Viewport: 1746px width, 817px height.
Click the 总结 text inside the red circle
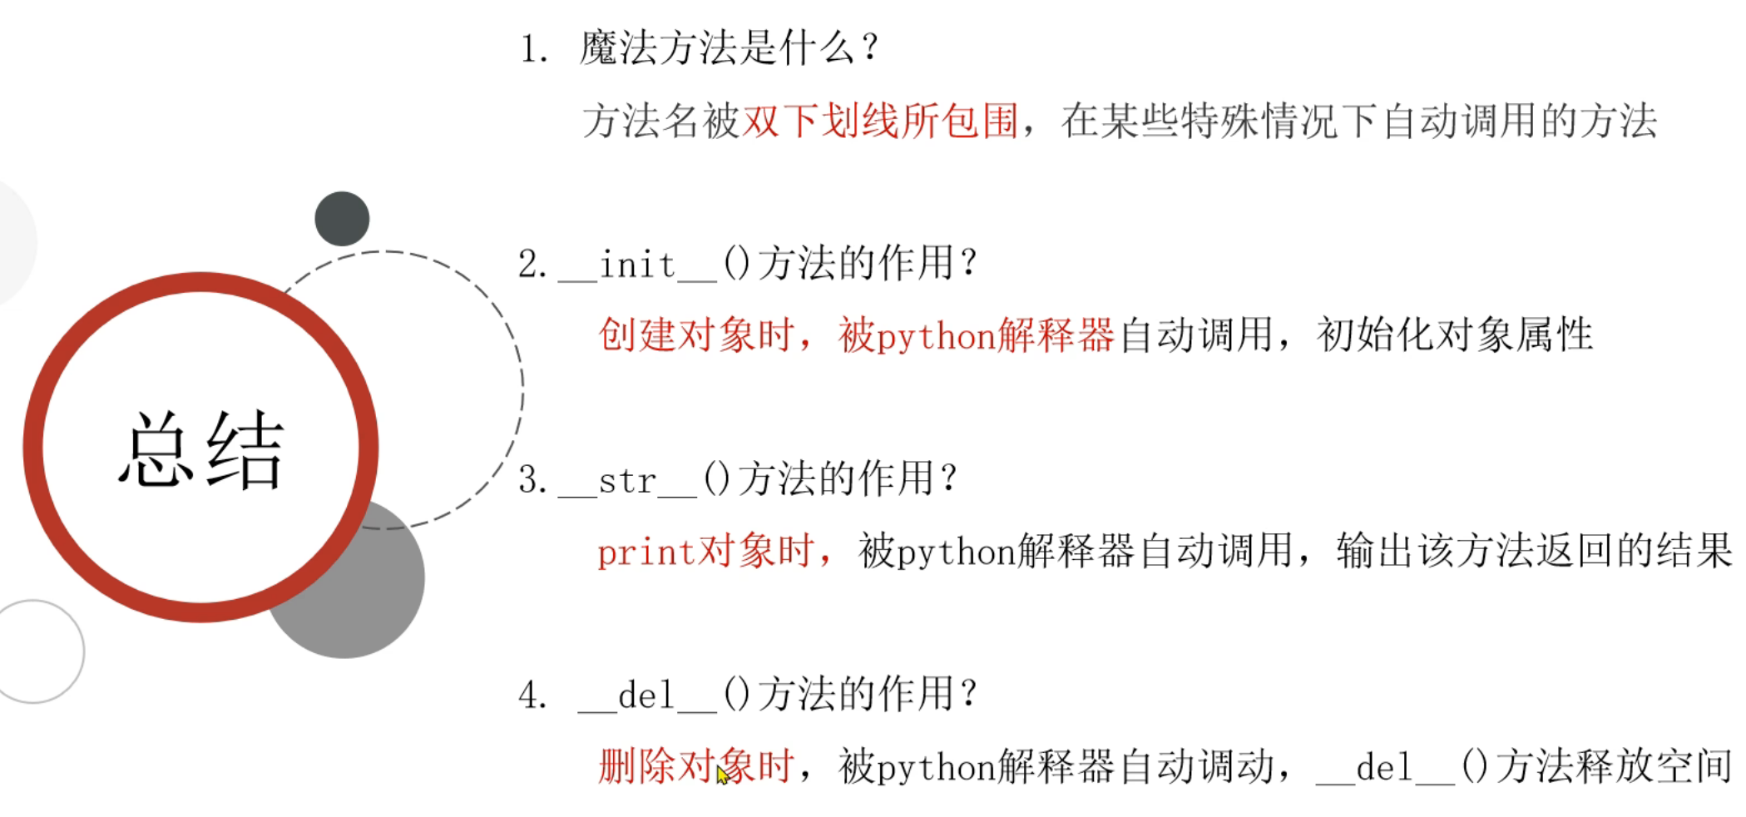[x=201, y=449]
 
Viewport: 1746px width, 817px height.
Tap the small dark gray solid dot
[x=342, y=219]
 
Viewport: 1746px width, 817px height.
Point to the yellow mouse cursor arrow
[x=722, y=775]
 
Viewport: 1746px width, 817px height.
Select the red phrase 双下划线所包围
[x=880, y=121]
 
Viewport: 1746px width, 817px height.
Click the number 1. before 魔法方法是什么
[x=533, y=49]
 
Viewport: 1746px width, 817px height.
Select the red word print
[x=645, y=552]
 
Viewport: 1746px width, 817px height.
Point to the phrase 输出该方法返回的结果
[x=1534, y=552]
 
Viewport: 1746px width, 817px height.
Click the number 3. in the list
[x=532, y=481]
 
